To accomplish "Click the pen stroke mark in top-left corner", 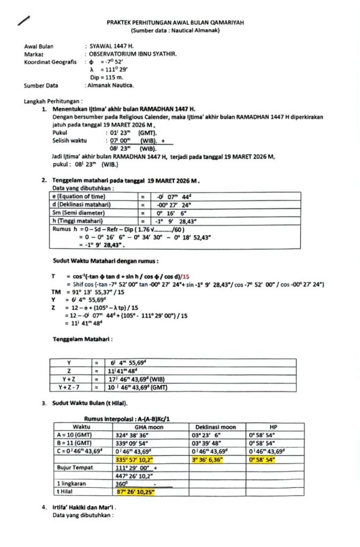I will coord(23,21).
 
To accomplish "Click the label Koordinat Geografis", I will coord(50,62).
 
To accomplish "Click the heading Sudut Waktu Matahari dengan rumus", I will coord(105,261).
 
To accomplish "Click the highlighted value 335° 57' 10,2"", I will coord(135,460).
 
